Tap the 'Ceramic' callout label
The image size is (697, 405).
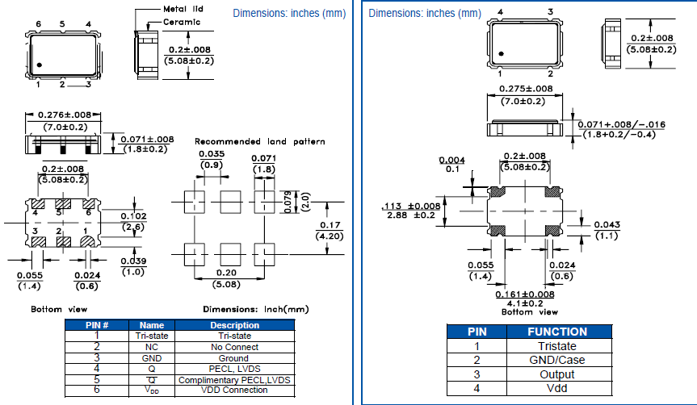pos(182,22)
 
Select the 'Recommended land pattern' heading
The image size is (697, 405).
pos(260,142)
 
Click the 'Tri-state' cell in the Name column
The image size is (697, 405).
pos(152,336)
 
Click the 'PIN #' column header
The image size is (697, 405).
pos(97,325)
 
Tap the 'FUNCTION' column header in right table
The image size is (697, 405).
pos(557,332)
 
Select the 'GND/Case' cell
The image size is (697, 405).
pos(557,360)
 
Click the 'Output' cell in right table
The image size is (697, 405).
pos(557,374)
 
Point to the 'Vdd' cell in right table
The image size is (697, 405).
pos(557,388)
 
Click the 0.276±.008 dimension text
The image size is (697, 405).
pos(63,115)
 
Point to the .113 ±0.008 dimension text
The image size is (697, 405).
pos(410,206)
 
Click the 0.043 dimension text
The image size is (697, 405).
pos(606,224)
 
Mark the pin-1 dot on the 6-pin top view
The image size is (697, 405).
pos(38,65)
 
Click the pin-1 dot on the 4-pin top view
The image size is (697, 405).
pos(502,54)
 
